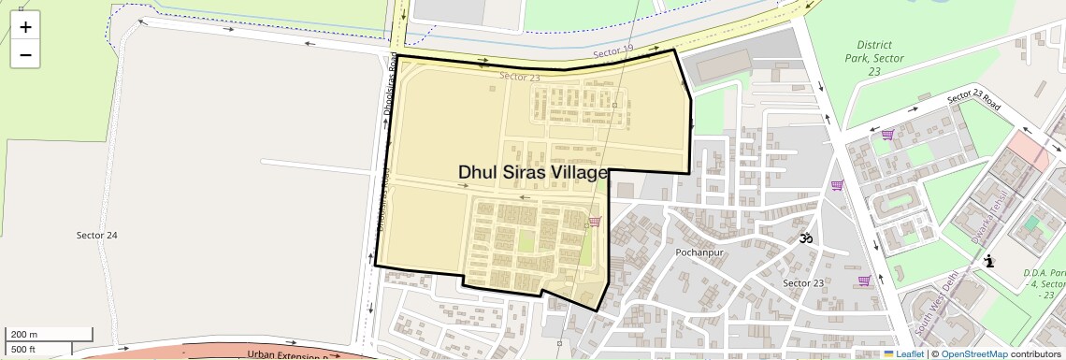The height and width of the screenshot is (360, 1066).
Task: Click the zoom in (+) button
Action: tap(25, 27)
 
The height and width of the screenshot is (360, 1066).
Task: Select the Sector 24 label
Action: tap(96, 235)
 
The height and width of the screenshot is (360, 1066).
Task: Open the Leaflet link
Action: tap(903, 353)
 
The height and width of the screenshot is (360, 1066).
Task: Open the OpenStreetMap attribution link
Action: tap(973, 353)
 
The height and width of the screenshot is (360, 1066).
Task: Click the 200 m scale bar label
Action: tap(24, 335)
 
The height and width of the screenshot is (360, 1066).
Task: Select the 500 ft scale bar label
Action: tap(24, 350)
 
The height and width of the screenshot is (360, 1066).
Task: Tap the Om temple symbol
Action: tap(805, 238)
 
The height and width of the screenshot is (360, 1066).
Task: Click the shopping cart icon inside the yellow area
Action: tap(595, 222)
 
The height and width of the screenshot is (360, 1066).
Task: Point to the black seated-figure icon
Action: tap(988, 263)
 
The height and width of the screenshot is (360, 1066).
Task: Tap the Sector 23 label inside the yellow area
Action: tap(520, 78)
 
